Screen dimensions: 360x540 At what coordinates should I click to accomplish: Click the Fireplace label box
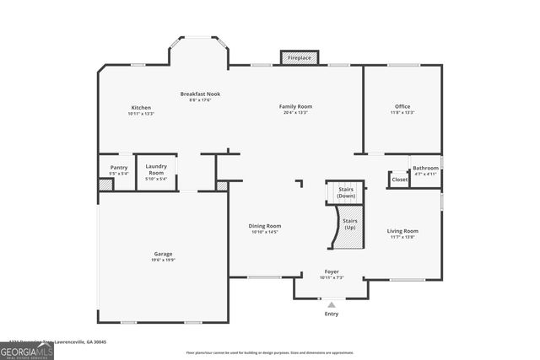[299, 58]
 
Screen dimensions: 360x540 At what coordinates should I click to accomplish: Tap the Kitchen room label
[141, 107]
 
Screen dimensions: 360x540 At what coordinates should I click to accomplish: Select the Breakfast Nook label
[200, 94]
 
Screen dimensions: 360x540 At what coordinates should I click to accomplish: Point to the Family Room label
[296, 106]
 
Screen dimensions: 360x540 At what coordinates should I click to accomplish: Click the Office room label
[402, 106]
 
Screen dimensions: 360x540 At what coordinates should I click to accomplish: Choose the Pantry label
[119, 168]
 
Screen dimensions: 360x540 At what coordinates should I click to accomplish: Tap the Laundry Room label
[156, 169]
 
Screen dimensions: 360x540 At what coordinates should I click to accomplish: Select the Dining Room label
[264, 226]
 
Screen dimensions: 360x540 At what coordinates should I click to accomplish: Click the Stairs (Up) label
[350, 223]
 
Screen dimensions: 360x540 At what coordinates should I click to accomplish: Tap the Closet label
[399, 180]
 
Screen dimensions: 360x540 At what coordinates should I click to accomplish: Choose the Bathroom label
[425, 168]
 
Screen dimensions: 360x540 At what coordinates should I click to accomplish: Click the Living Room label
[402, 230]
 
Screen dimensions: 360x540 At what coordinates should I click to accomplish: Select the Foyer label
[332, 271]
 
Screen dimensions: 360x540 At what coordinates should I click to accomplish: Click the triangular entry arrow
[332, 304]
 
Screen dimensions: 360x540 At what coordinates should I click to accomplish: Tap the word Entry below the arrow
[332, 314]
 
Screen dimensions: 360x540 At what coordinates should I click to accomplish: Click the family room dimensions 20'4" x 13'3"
[296, 112]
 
